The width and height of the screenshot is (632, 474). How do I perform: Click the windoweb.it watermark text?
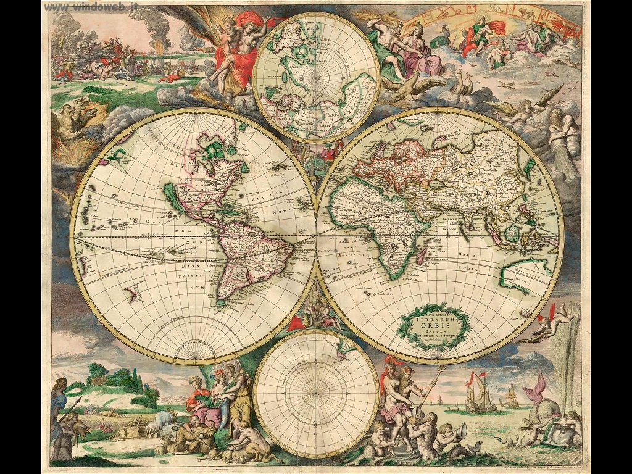click(x=92, y=6)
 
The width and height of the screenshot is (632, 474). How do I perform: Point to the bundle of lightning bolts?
click(x=381, y=15)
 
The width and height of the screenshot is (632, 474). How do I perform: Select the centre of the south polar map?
click(x=316, y=393)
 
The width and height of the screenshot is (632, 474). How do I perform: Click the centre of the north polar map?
click(x=316, y=78)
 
